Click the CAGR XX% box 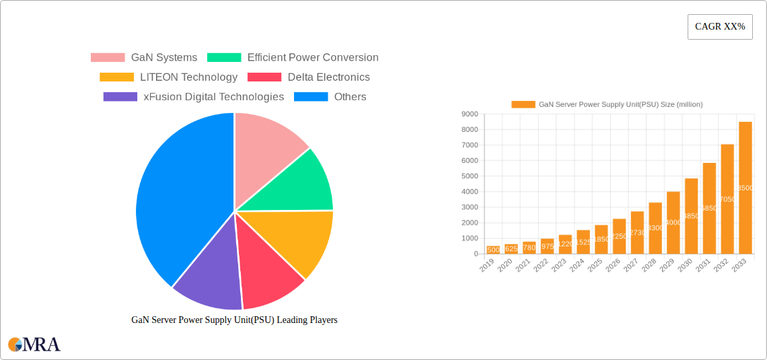[720, 27]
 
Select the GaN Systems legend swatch [108, 58]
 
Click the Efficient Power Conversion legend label [312, 58]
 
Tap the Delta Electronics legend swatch [264, 77]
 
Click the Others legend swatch [311, 97]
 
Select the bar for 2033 [745, 188]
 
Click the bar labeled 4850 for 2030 [691, 216]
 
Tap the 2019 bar [493, 250]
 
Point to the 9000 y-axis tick [470, 114]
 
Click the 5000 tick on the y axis [470, 176]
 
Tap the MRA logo [34, 345]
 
